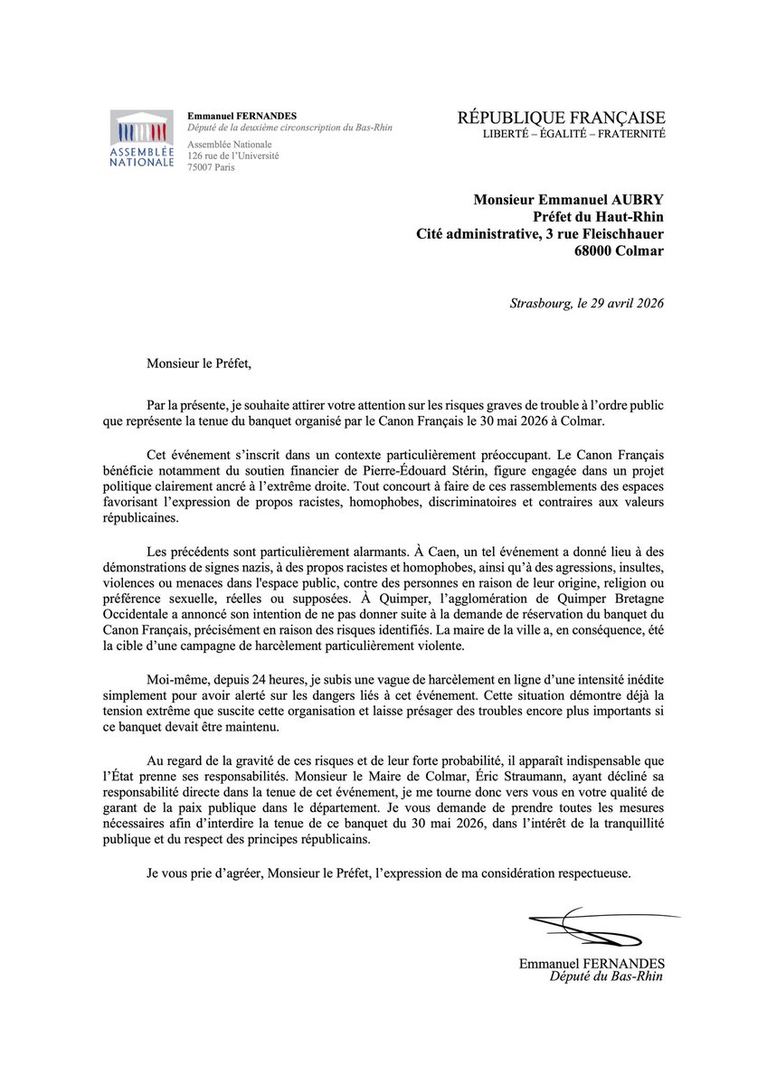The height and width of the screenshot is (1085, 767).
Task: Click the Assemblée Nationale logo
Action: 142,140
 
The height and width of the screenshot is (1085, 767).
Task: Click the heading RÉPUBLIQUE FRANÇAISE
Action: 562,118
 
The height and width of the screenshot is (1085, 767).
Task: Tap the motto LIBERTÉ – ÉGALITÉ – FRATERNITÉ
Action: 574,134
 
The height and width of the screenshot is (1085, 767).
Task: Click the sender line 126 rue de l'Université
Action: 232,156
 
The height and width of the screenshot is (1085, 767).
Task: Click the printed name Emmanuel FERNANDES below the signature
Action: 592,965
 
